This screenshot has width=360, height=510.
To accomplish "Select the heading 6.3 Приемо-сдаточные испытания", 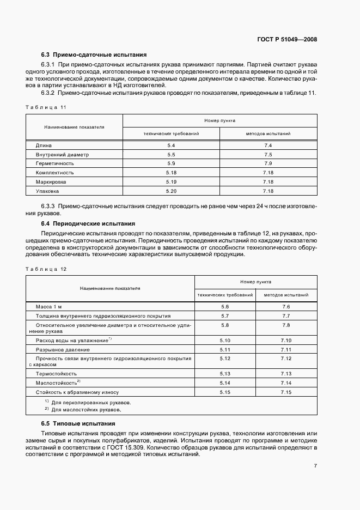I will [93, 55].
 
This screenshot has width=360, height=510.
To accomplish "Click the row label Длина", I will [44, 145].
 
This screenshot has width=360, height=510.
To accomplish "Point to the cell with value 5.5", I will [171, 155].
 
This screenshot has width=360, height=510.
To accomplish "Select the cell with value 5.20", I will [171, 191].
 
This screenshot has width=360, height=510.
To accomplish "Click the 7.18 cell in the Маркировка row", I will [268, 182].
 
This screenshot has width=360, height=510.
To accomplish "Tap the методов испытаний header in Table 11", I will [268, 133].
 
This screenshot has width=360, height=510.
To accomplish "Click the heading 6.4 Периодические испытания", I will [89, 223].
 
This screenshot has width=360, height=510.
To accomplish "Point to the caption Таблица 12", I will [48, 269].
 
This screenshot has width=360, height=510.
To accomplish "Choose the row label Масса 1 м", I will [50, 307].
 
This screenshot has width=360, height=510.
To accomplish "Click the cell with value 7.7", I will [286, 315].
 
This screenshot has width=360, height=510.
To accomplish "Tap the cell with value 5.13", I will [225, 373].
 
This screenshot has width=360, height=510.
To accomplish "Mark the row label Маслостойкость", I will [56, 382].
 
